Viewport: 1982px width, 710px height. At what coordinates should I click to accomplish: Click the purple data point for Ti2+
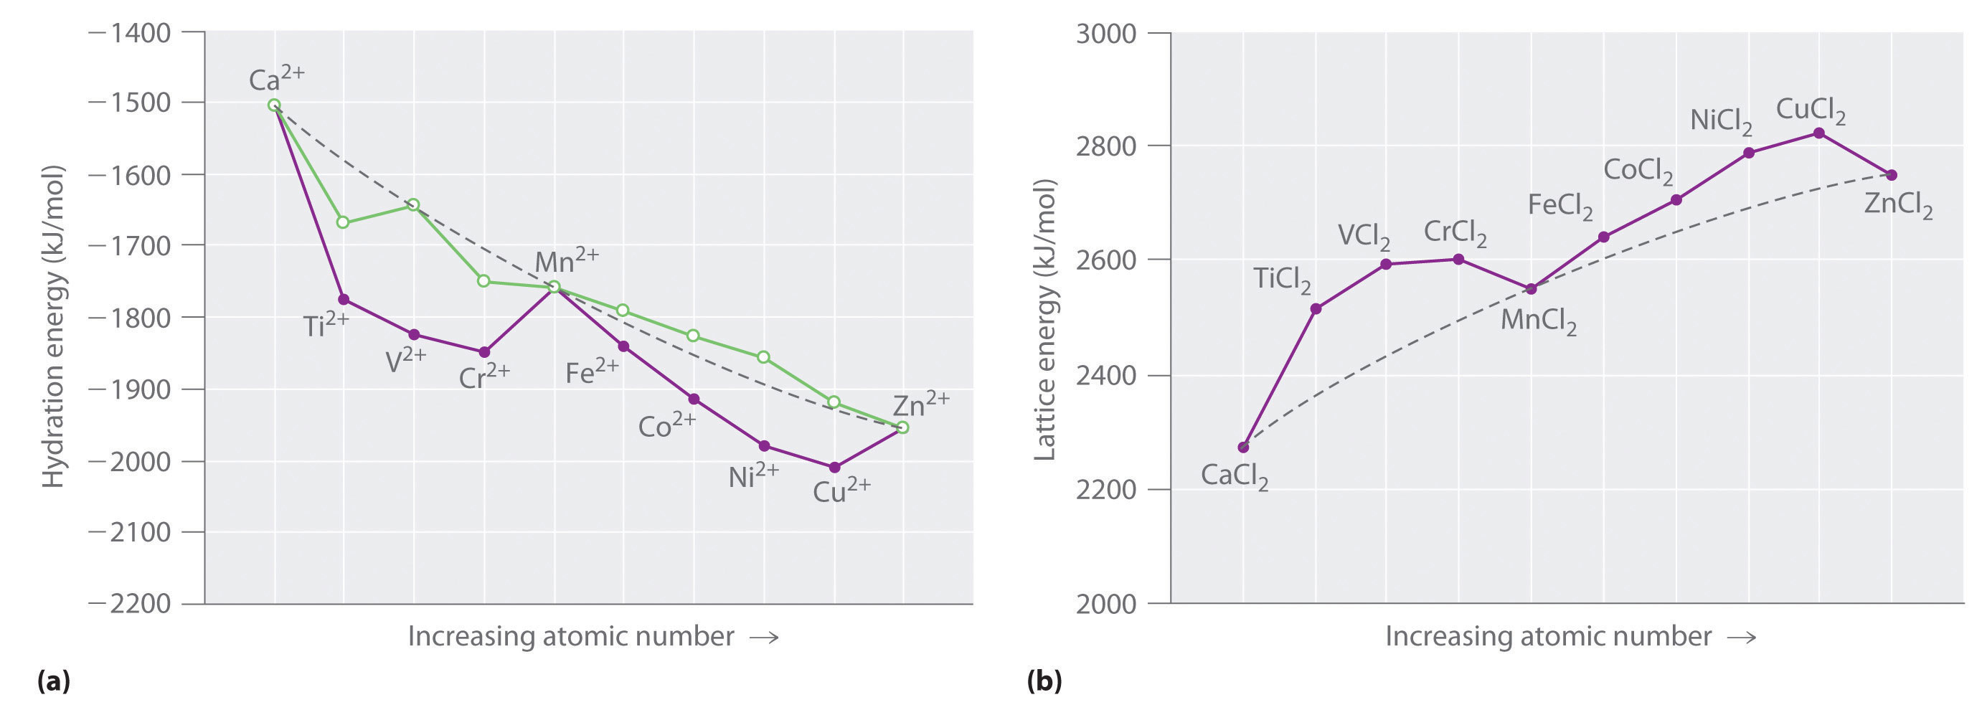pyautogui.click(x=343, y=299)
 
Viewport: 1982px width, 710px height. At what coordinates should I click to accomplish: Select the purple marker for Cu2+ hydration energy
pyautogui.click(x=835, y=467)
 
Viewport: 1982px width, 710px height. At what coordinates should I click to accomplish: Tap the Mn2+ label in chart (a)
pyautogui.click(x=565, y=262)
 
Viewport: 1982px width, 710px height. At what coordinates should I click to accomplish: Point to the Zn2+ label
pyautogui.click(x=920, y=403)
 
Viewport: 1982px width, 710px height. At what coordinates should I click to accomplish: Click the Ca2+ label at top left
pyautogui.click(x=276, y=77)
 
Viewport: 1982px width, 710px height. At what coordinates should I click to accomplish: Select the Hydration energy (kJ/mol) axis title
pyautogui.click(x=52, y=326)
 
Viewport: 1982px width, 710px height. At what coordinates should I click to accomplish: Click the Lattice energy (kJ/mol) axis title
pyautogui.click(x=1044, y=320)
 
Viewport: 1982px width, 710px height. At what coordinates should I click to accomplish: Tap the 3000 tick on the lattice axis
pyautogui.click(x=1105, y=34)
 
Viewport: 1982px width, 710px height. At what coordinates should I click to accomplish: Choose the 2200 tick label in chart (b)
pyautogui.click(x=1105, y=489)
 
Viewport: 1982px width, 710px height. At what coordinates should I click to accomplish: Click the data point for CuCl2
pyautogui.click(x=1819, y=133)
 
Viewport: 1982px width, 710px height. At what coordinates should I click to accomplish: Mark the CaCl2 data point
pyautogui.click(x=1243, y=447)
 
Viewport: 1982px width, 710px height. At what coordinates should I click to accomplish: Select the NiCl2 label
pyautogui.click(x=1720, y=120)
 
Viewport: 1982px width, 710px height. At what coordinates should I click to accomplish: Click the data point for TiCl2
pyautogui.click(x=1316, y=308)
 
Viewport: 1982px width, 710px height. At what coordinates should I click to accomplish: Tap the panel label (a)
pyautogui.click(x=54, y=681)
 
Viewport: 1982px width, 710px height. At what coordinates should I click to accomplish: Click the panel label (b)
pyautogui.click(x=1044, y=681)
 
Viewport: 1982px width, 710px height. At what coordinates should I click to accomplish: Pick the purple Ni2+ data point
pyautogui.click(x=764, y=446)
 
